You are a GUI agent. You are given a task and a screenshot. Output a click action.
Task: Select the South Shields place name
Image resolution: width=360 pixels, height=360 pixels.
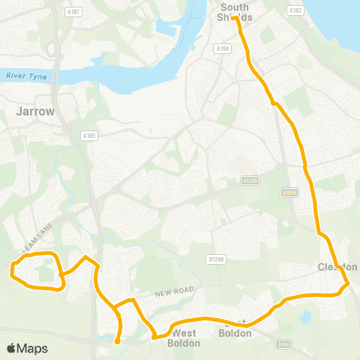235,12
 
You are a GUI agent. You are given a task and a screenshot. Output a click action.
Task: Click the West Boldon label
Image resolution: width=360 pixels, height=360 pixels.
185,337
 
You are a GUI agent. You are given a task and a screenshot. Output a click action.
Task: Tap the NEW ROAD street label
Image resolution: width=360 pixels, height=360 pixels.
175,290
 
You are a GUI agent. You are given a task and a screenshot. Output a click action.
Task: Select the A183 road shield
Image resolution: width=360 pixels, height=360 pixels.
295,11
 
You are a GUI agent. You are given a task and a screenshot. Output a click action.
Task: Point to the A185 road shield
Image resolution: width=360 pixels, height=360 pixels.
90,136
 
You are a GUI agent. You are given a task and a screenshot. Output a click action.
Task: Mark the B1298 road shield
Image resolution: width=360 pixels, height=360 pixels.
216,259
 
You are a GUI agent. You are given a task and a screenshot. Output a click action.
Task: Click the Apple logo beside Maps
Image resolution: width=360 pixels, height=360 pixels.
11,348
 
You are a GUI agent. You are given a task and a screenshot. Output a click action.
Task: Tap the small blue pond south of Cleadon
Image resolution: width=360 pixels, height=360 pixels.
304,316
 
